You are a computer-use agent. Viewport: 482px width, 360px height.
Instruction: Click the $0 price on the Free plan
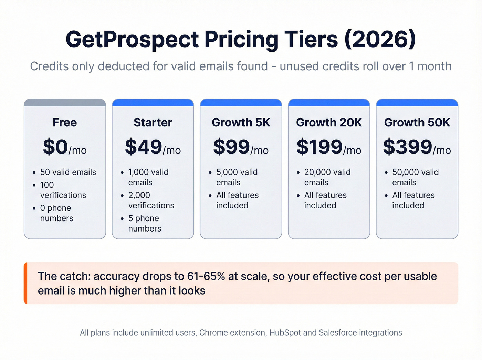pos(55,147)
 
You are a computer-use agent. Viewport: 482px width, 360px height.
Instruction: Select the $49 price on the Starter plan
pos(143,147)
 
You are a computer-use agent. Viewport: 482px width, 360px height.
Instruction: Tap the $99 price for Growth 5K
pos(231,147)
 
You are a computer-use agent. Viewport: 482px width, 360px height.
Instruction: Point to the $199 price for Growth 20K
pos(319,147)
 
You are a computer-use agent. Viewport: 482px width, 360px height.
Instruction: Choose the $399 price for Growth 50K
pos(408,147)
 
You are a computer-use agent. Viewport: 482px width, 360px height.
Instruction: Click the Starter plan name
pos(153,123)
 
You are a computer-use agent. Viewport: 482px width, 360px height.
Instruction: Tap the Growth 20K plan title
pos(329,123)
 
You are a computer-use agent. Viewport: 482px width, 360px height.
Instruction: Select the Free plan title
pos(65,123)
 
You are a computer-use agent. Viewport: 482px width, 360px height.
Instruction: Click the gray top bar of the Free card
pos(65,103)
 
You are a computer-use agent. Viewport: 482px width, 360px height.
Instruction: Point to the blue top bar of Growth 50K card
pos(417,103)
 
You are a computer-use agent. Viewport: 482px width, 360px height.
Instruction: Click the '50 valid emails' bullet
pos(68,172)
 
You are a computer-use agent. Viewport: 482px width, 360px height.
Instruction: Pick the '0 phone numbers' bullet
pos(56,213)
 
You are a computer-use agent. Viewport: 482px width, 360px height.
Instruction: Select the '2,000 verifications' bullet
pos(151,200)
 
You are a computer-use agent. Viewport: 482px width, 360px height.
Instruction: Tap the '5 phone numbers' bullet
pos(144,224)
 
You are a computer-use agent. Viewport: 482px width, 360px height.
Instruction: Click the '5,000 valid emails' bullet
pos(237,177)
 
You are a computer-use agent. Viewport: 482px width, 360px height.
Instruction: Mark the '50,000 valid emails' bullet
pos(415,177)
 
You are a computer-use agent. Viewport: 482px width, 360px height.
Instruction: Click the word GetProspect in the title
pos(132,39)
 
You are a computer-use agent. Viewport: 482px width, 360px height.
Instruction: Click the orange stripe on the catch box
pos(25,283)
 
